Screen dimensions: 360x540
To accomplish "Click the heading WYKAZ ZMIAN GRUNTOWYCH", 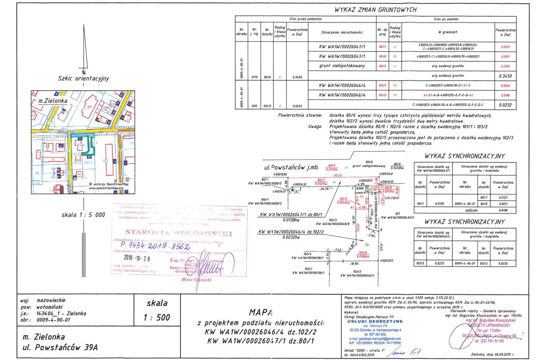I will (376, 9).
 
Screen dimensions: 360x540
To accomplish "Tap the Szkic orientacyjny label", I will (84, 78).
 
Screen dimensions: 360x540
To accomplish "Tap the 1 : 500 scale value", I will (157, 317).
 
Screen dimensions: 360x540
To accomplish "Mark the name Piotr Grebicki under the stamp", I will (196, 279).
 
